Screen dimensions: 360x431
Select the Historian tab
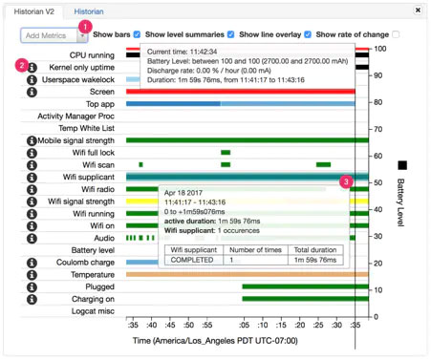90,11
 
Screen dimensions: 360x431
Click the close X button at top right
417,10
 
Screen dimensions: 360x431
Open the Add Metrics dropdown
54,34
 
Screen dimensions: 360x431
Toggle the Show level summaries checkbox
230,34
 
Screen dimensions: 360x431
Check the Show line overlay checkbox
307,34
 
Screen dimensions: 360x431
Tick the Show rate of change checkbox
396,34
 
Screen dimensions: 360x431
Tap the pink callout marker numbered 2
21,65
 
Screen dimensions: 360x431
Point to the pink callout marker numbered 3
346,180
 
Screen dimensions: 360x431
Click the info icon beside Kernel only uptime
32,68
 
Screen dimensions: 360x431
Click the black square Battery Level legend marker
401,165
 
